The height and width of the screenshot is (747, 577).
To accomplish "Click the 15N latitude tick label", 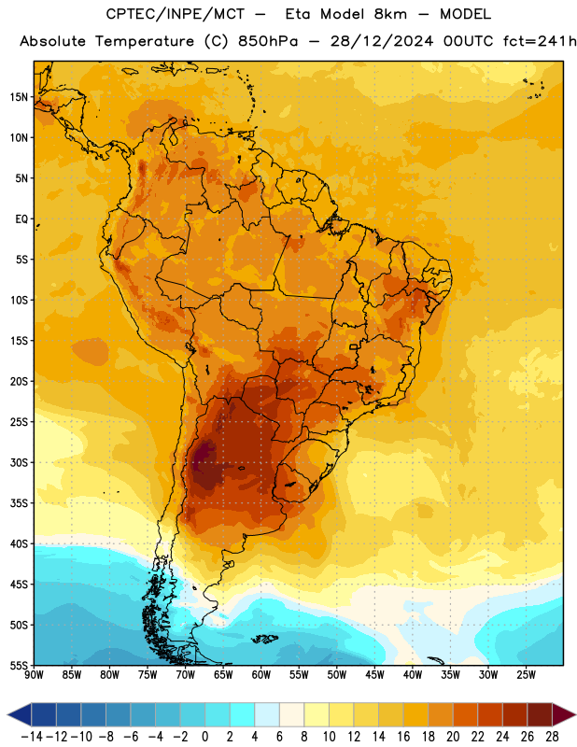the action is click(18, 97).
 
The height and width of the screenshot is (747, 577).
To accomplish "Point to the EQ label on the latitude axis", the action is click(21, 219).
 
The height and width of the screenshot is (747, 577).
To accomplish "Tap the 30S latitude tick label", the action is click(19, 462).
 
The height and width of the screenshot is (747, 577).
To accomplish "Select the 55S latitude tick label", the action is click(19, 666).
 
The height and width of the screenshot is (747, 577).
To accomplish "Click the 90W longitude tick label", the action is click(34, 675).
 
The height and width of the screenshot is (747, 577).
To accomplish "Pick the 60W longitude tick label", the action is click(261, 675).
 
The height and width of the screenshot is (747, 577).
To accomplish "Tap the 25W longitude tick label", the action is click(526, 675).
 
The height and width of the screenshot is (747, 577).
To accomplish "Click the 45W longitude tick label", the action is click(374, 675).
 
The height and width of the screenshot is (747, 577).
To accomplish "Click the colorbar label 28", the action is click(552, 737).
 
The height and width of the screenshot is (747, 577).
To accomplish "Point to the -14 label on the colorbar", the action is click(32, 737).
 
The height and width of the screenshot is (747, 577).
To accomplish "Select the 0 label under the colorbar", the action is click(204, 737).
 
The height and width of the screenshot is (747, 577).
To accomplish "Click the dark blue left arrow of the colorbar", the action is click(20, 714).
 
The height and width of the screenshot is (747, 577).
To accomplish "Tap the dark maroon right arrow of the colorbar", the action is click(564, 714).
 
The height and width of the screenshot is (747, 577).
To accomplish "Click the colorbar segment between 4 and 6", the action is click(267, 714).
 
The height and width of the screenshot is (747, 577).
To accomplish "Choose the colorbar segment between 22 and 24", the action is click(490, 714).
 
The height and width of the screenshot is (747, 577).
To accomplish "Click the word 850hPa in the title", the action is click(268, 41).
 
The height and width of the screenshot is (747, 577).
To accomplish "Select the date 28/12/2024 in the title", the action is click(382, 41).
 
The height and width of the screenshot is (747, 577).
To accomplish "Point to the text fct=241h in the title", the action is click(540, 41).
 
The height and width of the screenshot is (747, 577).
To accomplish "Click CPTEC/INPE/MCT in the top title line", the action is click(176, 14).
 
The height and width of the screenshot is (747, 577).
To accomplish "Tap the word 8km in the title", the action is click(390, 14).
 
